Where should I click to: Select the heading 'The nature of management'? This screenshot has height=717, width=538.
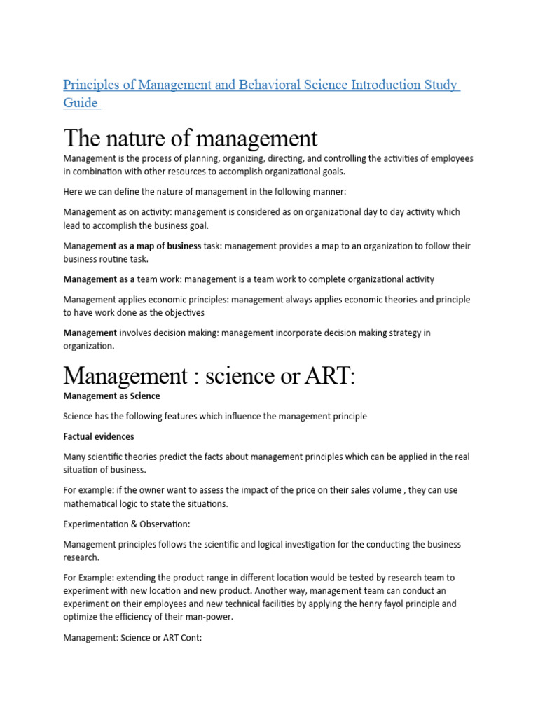[x=190, y=138]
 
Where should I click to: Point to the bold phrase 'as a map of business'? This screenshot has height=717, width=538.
[x=149, y=246]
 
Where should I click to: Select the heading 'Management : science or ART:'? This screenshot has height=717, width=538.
[x=209, y=375]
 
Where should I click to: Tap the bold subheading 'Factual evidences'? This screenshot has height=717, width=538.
[x=99, y=436]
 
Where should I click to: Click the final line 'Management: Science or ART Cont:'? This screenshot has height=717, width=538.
[x=132, y=638]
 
